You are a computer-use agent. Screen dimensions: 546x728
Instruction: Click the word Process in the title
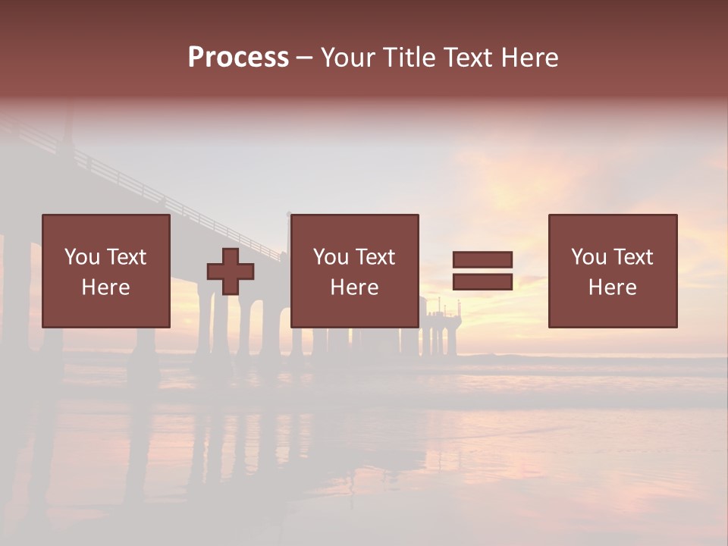pos(238,58)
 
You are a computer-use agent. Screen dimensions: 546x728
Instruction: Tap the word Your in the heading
pos(348,58)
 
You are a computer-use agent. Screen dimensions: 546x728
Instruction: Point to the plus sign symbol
pos(231,271)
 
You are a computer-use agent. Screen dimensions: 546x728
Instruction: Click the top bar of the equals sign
pos(482,259)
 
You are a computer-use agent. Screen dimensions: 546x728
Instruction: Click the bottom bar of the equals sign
pos(482,281)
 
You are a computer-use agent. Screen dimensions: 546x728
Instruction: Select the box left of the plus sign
pos(105,271)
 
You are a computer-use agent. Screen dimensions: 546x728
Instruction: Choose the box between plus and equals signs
pos(354,271)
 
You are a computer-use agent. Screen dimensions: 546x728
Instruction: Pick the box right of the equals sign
pos(612,271)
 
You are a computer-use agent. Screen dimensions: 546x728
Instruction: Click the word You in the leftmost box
pos(82,257)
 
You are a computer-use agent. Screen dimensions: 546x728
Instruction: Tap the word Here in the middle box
pos(354,287)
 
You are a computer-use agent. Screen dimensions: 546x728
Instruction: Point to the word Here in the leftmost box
pos(105,287)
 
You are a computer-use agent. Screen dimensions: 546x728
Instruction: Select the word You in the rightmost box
pos(588,257)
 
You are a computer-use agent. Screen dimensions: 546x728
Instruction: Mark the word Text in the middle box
pos(375,257)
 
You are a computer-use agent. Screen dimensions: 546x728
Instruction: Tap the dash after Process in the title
pos(304,58)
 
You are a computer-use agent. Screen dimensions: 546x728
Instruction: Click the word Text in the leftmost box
pos(126,257)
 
